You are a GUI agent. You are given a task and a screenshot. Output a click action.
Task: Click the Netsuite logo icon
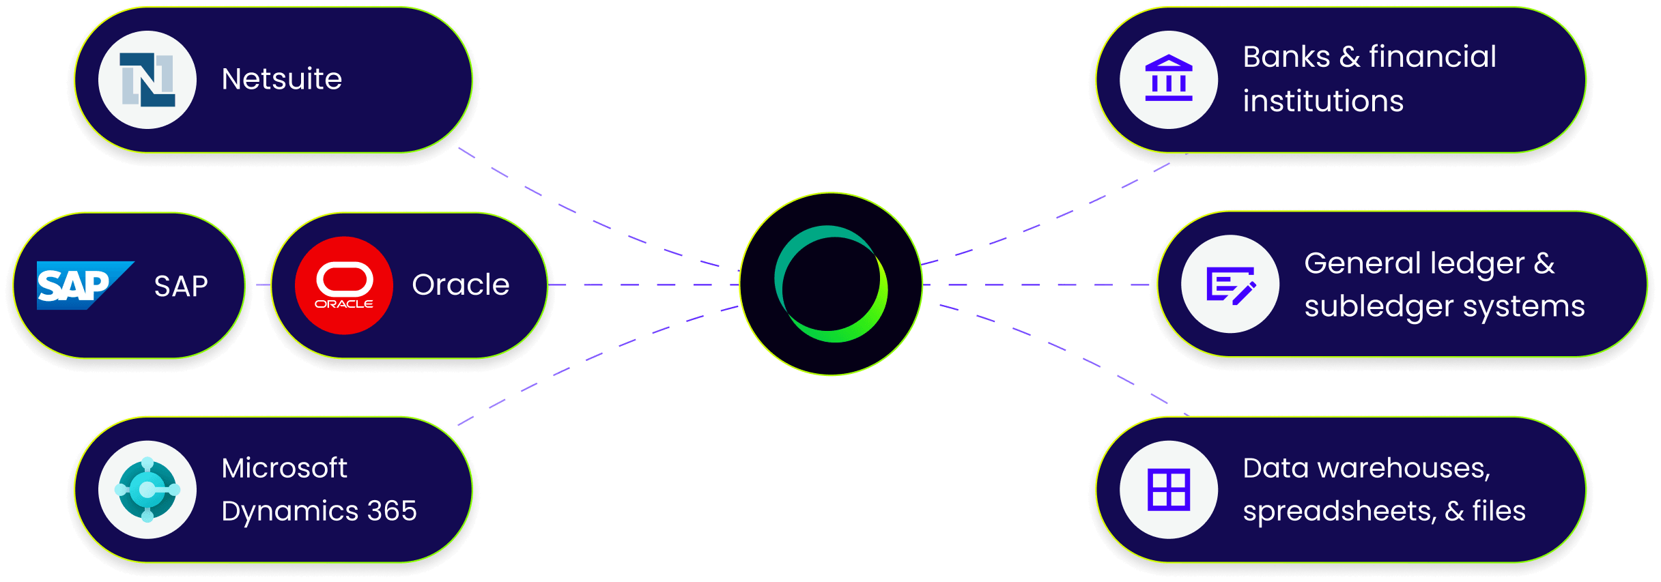point(147,80)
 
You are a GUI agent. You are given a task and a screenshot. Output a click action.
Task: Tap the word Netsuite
point(282,79)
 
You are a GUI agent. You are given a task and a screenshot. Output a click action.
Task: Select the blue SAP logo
point(85,285)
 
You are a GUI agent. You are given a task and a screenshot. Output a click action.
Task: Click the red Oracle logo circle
point(344,285)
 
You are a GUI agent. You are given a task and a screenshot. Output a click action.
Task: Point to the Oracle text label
point(461,285)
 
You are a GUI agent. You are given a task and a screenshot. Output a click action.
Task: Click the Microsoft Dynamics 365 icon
point(147,490)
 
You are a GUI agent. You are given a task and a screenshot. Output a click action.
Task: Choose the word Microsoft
point(285,468)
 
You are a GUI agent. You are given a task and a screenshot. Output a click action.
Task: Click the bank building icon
point(1169,78)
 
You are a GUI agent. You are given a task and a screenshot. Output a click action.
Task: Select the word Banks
point(1287,57)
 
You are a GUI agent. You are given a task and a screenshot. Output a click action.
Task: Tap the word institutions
point(1323,101)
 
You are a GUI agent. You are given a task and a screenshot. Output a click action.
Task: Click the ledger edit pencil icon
point(1231,285)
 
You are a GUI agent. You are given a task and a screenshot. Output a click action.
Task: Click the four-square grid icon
point(1169,490)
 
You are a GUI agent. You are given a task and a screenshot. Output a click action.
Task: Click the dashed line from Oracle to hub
point(644,285)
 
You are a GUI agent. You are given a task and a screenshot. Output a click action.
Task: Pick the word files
point(1499,510)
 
